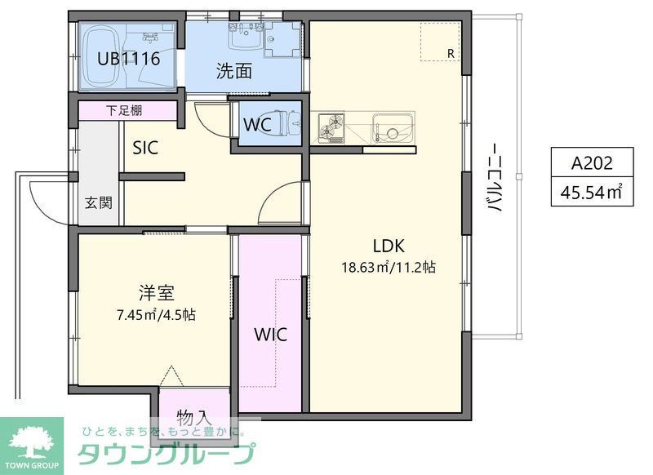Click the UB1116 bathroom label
coord(128,59)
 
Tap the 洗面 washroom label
coord(233,71)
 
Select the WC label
coord(258,126)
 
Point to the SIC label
coord(145,148)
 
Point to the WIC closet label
coord(269,334)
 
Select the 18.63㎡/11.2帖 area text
coord(389,266)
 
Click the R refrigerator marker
coord(450,53)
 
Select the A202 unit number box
coord(591,162)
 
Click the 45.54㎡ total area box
coord(591,193)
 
